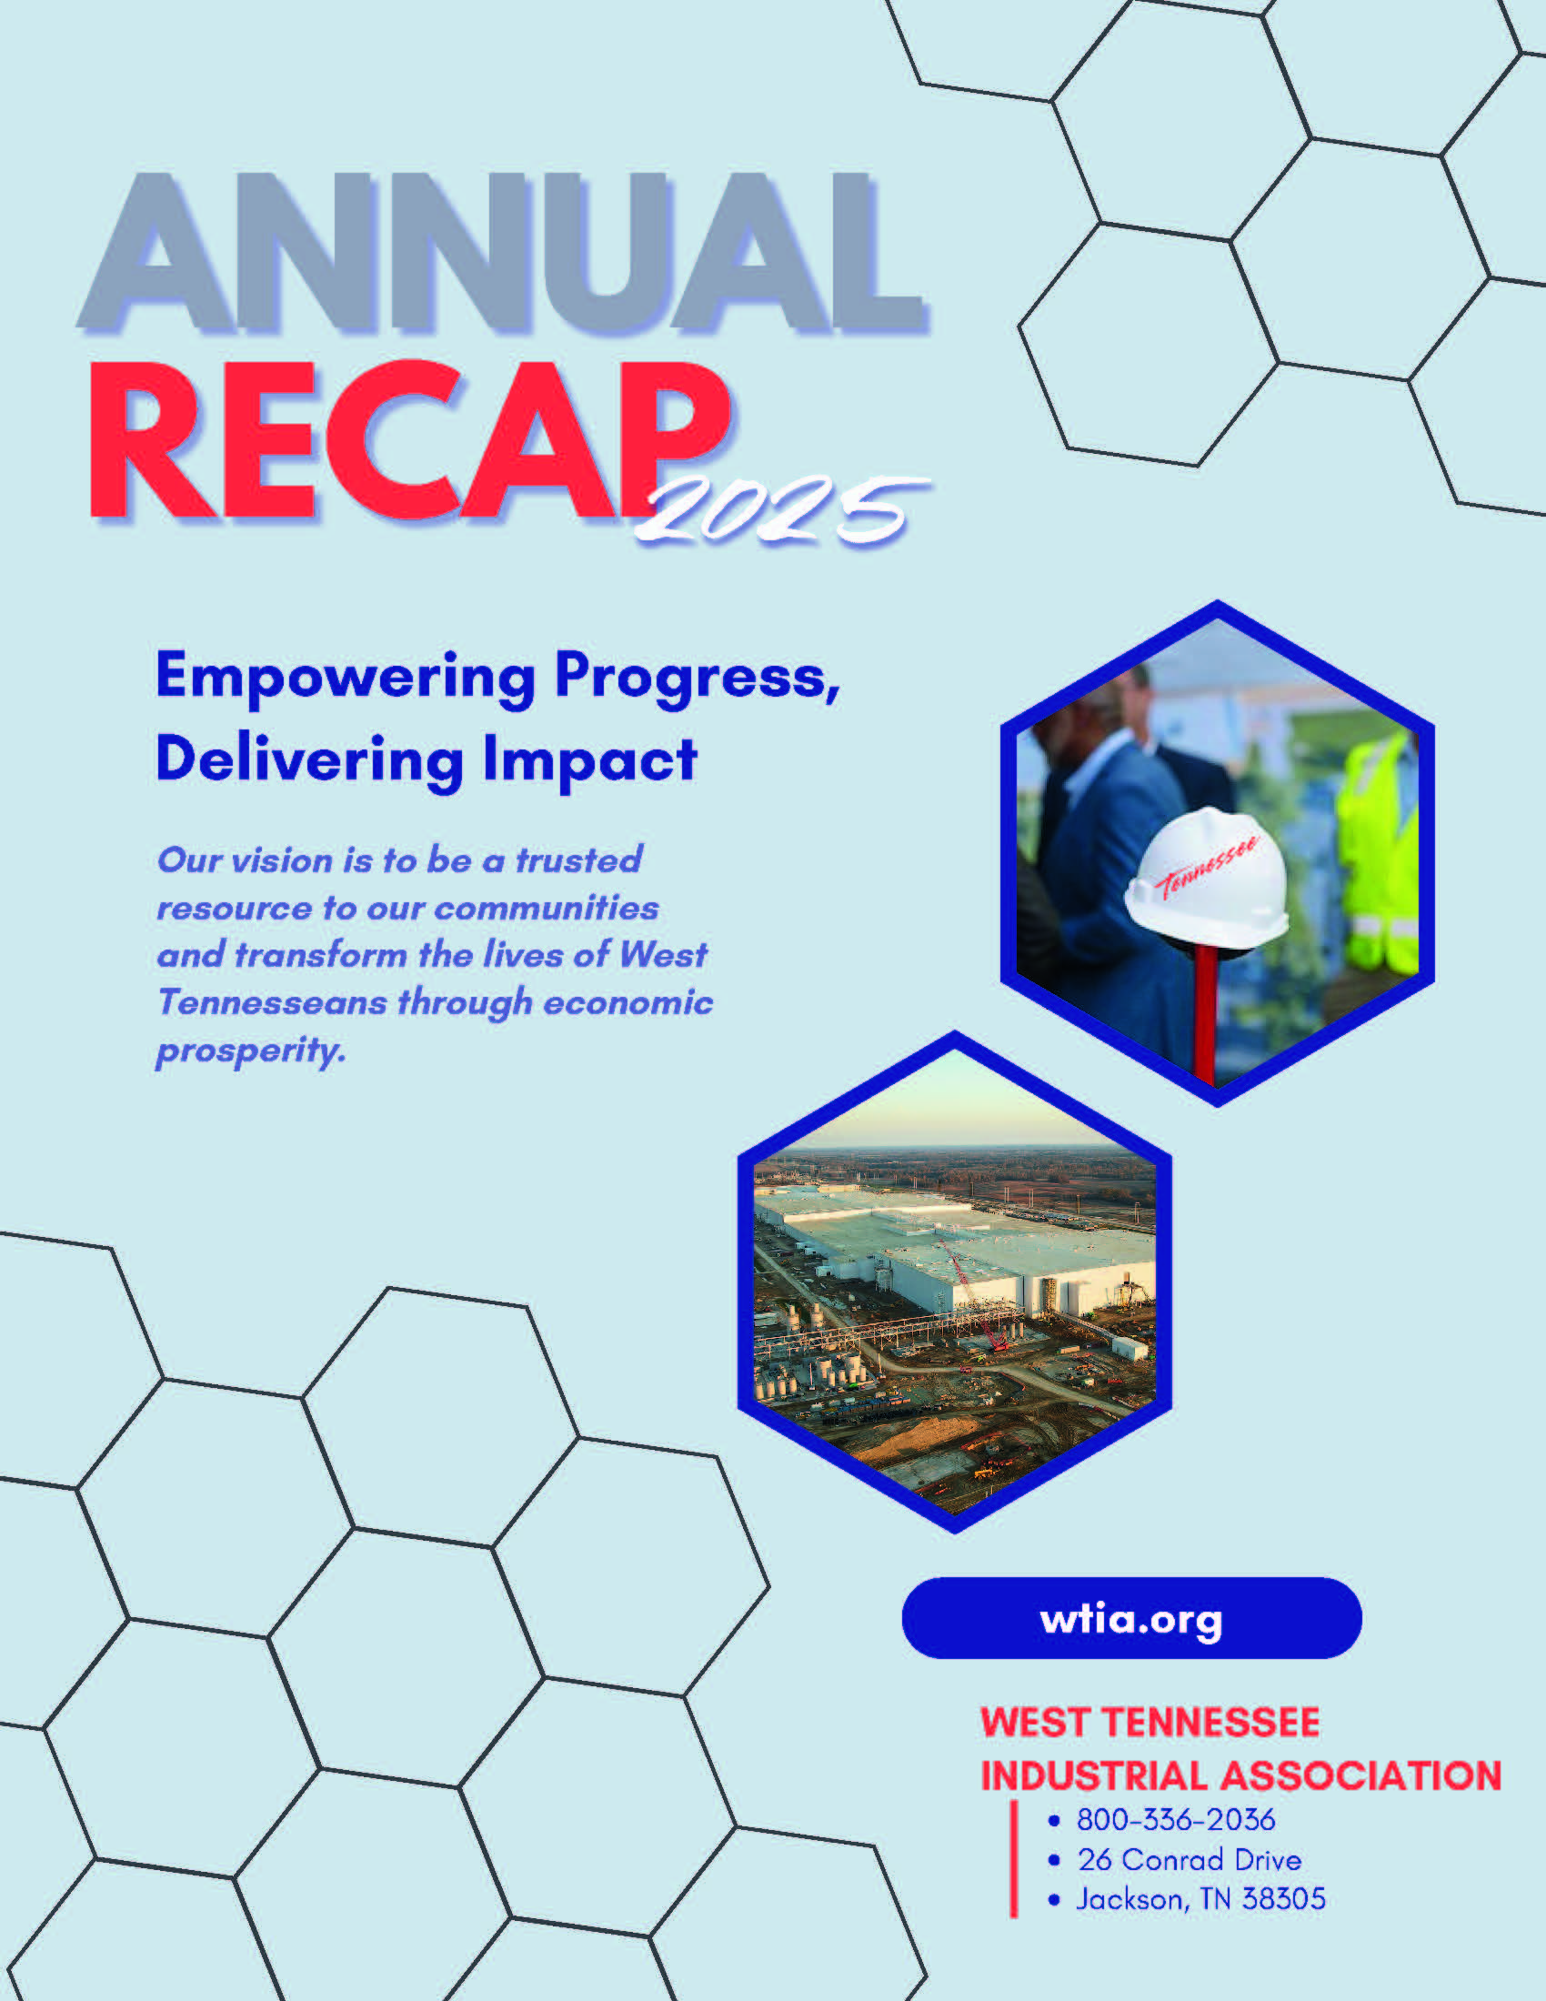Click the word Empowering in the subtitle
[x=346, y=679]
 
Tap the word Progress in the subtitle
[x=697, y=679]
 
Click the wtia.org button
[x=1131, y=1618]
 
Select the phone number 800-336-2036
[x=1176, y=1820]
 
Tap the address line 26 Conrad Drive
[x=1189, y=1860]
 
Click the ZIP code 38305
[x=1283, y=1899]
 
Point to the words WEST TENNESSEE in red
[x=1149, y=1723]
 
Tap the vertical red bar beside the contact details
[x=1013, y=1858]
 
